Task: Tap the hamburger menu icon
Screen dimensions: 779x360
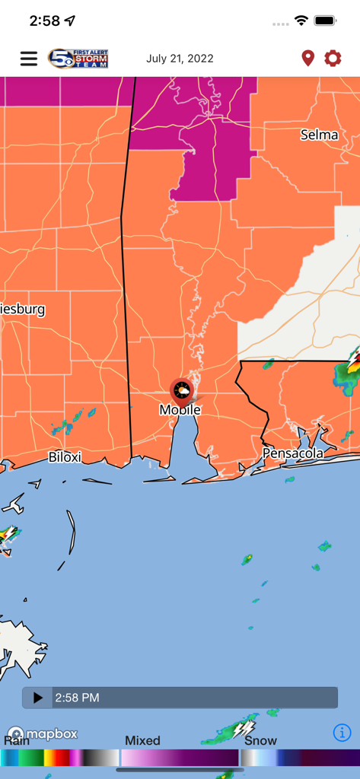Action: pos(29,59)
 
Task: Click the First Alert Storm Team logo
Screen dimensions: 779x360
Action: pos(78,59)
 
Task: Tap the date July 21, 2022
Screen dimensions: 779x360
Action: pos(180,59)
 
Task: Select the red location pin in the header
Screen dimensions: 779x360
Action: pos(307,59)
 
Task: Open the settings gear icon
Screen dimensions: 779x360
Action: pos(333,59)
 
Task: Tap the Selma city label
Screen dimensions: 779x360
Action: pos(319,135)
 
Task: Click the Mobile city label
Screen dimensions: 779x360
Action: pos(180,410)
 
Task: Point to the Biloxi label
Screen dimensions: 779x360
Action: pos(65,457)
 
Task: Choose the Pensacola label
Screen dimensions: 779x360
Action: pos(293,453)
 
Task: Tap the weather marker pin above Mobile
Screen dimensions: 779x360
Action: pos(181,391)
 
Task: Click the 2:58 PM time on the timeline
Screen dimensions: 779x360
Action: pos(77,698)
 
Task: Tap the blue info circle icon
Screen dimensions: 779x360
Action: pos(342,733)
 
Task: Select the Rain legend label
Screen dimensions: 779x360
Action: pos(17,741)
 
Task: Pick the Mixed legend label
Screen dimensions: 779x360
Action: pos(142,741)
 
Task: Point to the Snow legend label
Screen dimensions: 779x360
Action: pos(260,741)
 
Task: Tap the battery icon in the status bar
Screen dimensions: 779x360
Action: pos(325,21)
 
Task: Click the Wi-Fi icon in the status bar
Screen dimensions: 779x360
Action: pos(301,21)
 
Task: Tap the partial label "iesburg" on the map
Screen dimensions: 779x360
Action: pos(23,310)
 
